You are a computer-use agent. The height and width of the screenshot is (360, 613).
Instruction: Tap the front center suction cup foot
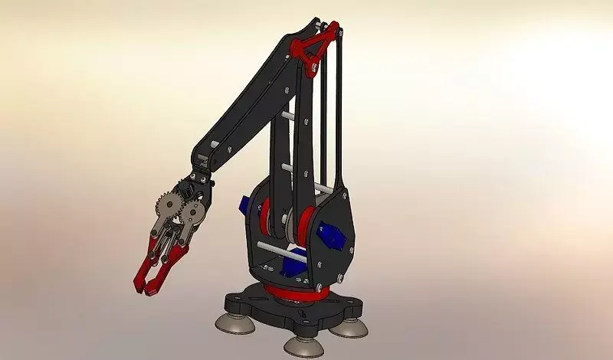303,342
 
